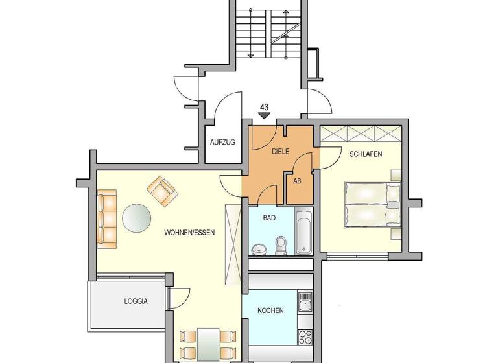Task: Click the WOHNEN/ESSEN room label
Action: coord(189,232)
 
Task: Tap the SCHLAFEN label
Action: coord(365,154)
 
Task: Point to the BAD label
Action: coord(269,218)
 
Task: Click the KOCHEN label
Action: coord(270,310)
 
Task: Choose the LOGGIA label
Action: coord(136,301)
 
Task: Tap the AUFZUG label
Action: coord(222,141)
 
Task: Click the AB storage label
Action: coord(298,181)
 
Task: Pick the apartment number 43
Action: coord(264,107)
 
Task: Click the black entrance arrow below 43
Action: coord(264,116)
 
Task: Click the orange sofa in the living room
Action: coord(107,217)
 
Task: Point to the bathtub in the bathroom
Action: coord(303,231)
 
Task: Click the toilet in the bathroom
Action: coord(281,244)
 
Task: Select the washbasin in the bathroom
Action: coord(259,248)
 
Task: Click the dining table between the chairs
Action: coord(207,344)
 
